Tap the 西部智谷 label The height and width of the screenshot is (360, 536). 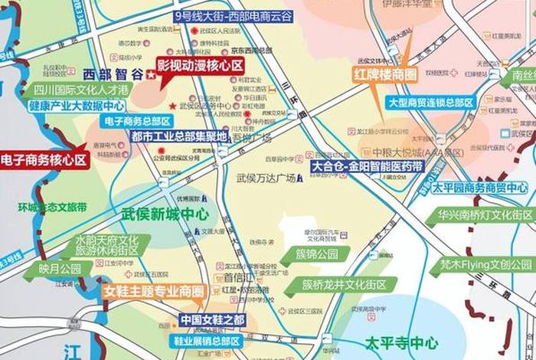click(x=112, y=74)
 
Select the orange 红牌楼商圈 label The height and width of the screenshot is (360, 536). click(x=385, y=74)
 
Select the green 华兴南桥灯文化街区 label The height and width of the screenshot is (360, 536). click(x=485, y=214)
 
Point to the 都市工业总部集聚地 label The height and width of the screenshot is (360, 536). click(x=179, y=137)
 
